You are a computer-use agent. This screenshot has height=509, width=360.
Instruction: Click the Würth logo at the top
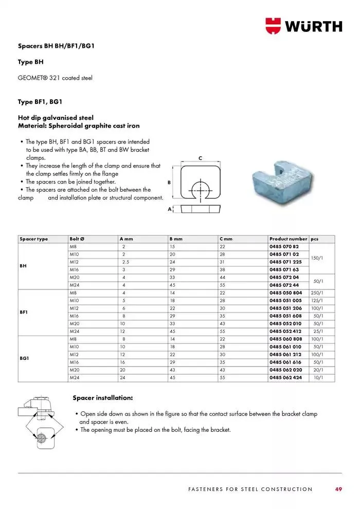pos(303,25)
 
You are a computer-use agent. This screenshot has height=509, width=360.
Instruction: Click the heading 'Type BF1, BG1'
pos(40,102)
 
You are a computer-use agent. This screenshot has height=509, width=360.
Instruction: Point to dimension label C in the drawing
pos(200,158)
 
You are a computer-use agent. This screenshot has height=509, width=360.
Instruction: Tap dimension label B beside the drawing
pos(169,183)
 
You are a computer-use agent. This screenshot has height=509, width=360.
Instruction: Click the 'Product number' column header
pos(288,239)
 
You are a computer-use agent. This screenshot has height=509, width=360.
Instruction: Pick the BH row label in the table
pos(23,266)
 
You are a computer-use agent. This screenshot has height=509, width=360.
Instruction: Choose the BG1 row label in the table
pos(24,357)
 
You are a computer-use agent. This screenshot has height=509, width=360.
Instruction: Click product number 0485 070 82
pos(284,247)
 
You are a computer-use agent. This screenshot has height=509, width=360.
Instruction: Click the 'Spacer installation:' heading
pos(103,398)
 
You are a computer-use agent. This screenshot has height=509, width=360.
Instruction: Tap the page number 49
pos(338,489)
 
